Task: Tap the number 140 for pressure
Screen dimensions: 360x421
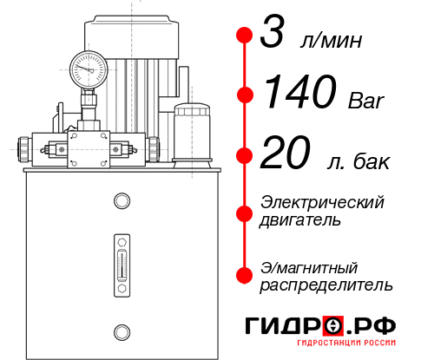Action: click(289, 93)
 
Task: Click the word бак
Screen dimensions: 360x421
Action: click(372, 161)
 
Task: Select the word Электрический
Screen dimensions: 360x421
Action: click(322, 202)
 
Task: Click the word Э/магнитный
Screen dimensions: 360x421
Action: click(309, 266)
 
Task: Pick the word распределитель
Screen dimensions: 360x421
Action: click(326, 284)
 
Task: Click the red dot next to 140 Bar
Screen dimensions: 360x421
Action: click(245, 94)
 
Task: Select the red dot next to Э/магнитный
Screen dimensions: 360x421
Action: click(245, 275)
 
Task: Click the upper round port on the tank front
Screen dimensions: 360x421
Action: click(121, 202)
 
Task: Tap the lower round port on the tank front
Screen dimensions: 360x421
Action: click(121, 330)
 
